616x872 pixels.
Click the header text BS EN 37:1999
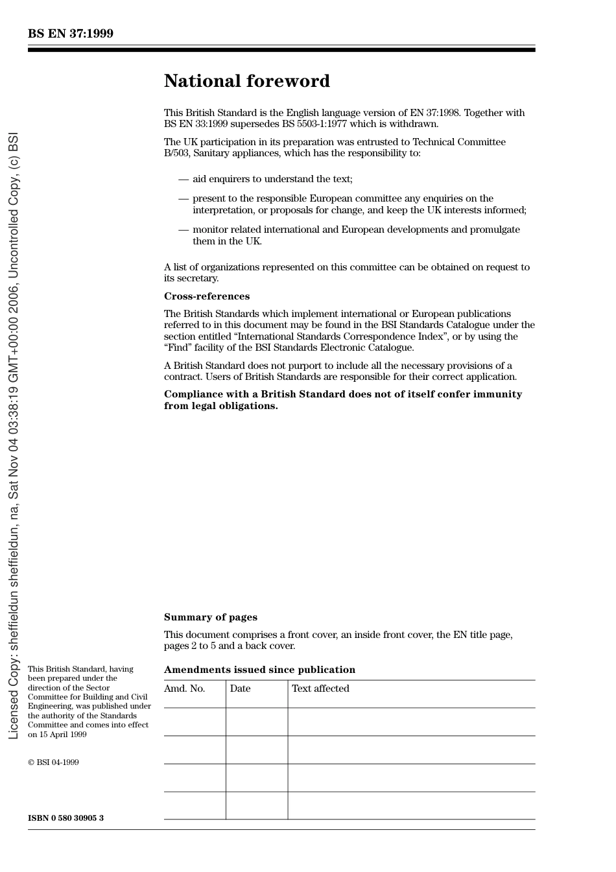point(70,34)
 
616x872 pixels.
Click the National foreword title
point(246,81)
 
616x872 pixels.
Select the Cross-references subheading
point(206,296)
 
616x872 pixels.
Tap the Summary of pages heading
point(210,617)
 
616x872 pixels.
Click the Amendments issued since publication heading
point(259,670)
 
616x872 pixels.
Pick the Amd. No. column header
point(184,689)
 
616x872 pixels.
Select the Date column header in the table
point(240,689)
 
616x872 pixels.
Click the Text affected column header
point(320,689)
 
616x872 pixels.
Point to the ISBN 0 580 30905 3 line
point(65,818)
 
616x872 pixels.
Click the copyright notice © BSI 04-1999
point(53,762)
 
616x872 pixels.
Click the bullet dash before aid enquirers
point(184,179)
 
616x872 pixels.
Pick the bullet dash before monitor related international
point(184,230)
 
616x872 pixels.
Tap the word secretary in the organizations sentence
point(198,278)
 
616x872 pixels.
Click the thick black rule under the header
point(281,50)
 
